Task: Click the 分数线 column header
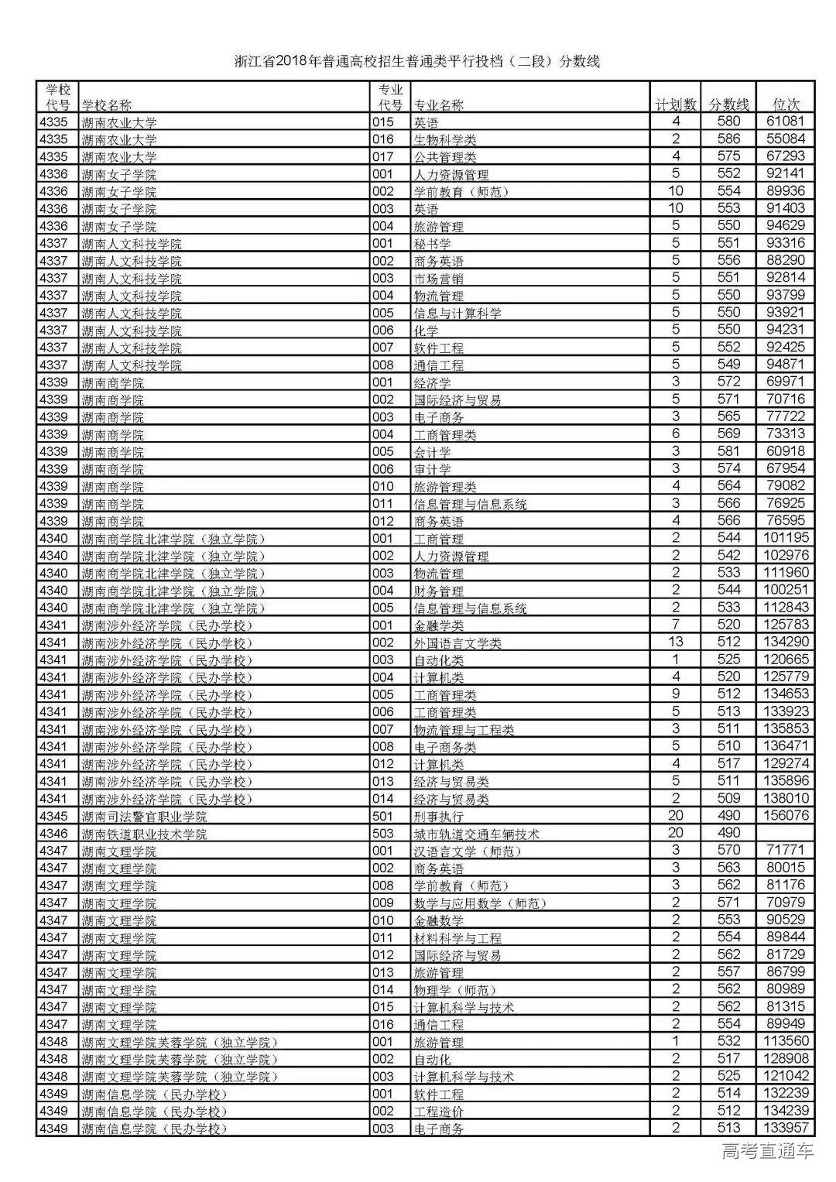729,104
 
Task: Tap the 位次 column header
786,104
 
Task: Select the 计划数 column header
676,104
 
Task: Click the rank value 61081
786,122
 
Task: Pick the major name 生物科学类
445,139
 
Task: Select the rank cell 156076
786,816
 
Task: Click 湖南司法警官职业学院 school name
144,817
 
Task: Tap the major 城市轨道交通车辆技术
476,834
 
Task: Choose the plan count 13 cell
676,642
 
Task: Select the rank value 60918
786,451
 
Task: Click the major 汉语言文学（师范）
468,851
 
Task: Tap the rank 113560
786,1041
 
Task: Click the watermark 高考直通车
767,1151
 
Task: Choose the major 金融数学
439,920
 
